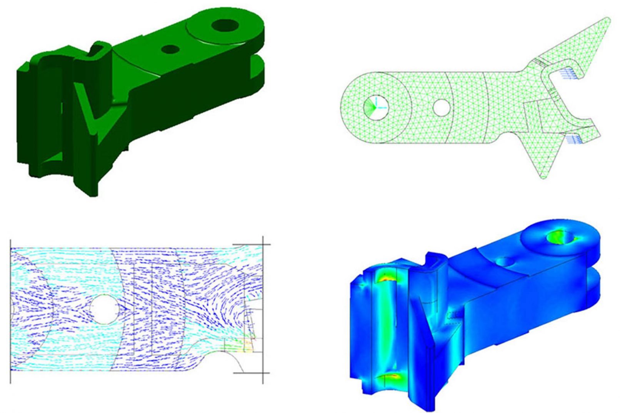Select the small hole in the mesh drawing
(x=442, y=107)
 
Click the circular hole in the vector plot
(x=104, y=309)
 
